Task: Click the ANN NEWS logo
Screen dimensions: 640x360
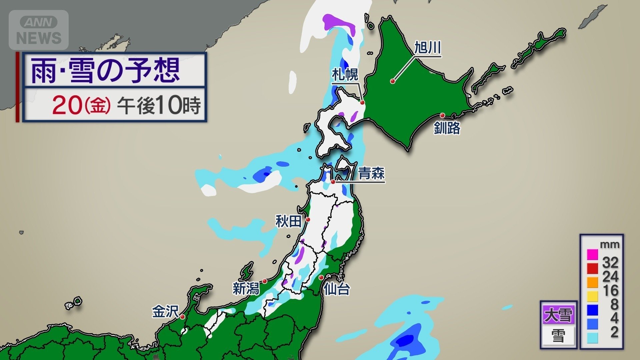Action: click(x=39, y=30)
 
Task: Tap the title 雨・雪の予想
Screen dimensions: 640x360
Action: click(x=105, y=70)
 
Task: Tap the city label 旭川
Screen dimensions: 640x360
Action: click(x=427, y=48)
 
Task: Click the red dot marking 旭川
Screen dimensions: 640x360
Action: click(x=393, y=81)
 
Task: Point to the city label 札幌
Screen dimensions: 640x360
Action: click(x=345, y=75)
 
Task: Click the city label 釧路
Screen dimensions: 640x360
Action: click(x=447, y=128)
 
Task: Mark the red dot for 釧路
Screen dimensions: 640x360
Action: click(x=442, y=115)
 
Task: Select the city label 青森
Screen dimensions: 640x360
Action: click(x=371, y=173)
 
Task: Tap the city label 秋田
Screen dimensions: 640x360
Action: click(x=289, y=221)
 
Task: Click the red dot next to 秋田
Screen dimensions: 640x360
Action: click(x=308, y=219)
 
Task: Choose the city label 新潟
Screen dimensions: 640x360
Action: click(x=246, y=288)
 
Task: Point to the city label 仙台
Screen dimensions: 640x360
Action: click(x=337, y=289)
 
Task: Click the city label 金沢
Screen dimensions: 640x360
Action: click(x=165, y=312)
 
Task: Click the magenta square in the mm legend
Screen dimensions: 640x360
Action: click(x=592, y=255)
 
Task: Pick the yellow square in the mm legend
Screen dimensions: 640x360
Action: click(x=592, y=296)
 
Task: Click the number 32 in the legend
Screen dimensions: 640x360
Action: click(x=610, y=263)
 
